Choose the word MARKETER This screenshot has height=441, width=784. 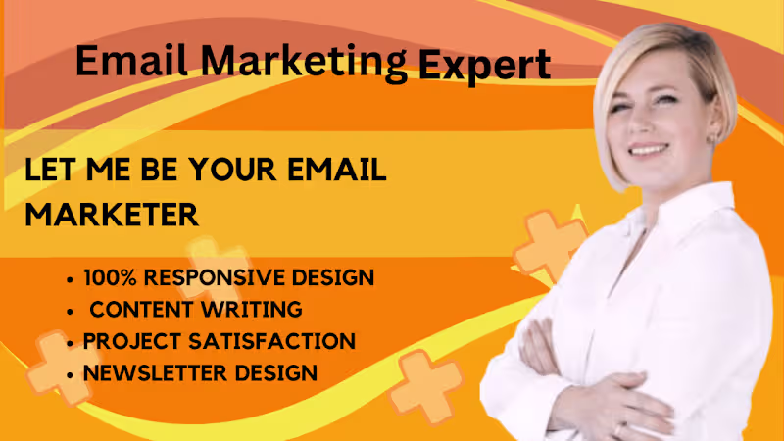(x=112, y=214)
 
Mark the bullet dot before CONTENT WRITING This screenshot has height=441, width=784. (x=71, y=311)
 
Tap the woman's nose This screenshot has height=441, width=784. (x=643, y=125)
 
